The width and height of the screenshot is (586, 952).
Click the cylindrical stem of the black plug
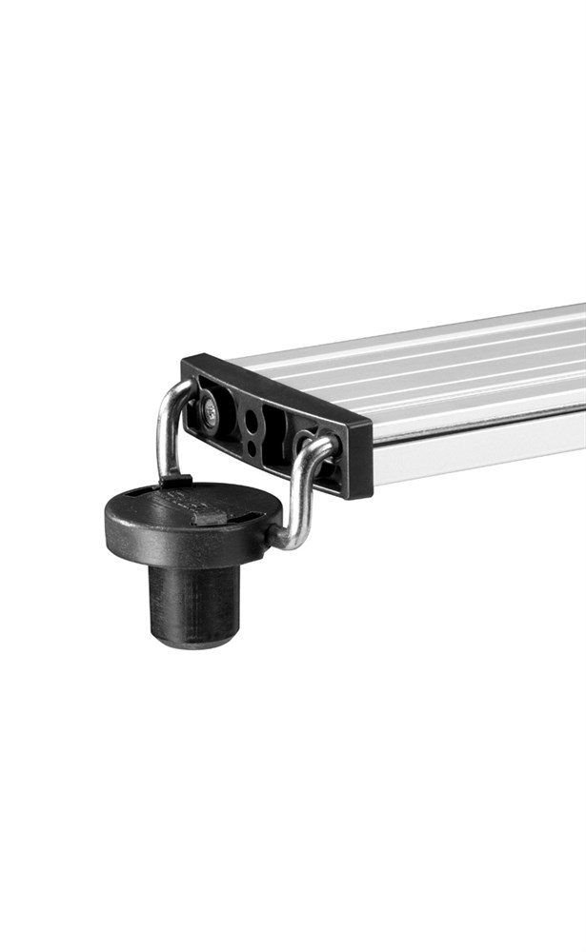(x=194, y=599)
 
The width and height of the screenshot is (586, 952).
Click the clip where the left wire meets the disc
(x=178, y=482)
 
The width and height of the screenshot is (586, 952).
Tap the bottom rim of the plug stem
(x=194, y=641)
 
